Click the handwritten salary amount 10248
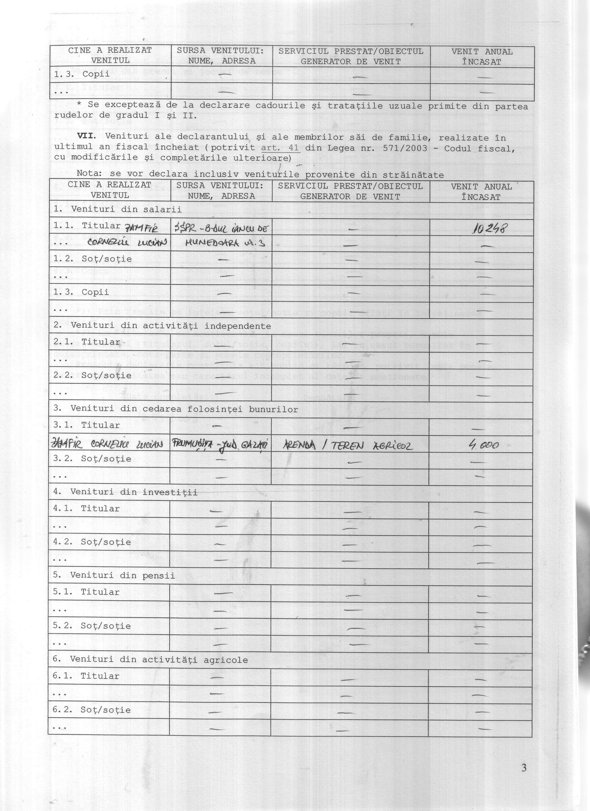(x=489, y=229)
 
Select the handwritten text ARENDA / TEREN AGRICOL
(x=347, y=445)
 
